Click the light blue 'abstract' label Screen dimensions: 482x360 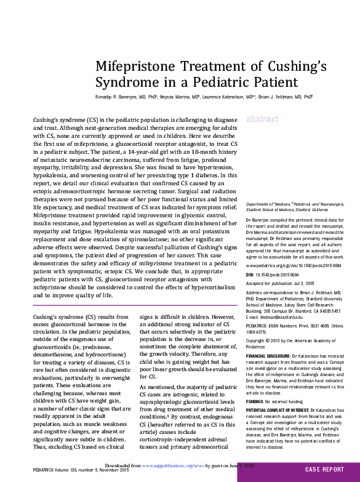(x=262, y=119)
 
